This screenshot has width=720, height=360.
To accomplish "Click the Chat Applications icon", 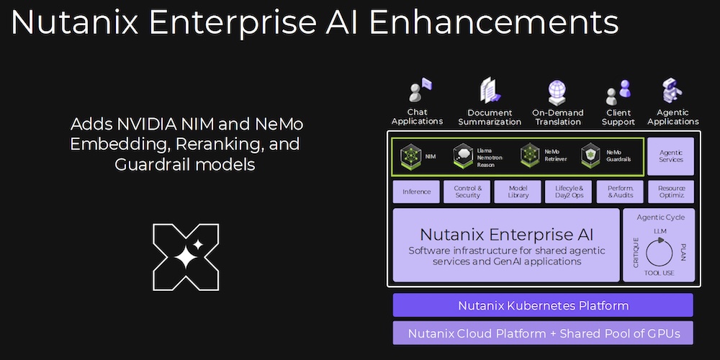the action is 420,91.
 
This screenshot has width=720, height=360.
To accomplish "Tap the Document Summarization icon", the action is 490,91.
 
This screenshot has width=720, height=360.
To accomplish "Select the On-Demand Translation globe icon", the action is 557,92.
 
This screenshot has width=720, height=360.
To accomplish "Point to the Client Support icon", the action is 618,92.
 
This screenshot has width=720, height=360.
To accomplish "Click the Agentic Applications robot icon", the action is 672,91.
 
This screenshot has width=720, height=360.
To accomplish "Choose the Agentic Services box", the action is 670,156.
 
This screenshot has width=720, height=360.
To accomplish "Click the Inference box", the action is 416,192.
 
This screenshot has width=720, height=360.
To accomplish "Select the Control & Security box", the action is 467,192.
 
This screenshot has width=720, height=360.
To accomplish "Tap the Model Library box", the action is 518,192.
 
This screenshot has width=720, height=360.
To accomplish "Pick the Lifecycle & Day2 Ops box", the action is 569,192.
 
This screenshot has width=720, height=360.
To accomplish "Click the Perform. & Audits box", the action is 620,192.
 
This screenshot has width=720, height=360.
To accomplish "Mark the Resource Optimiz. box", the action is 671,192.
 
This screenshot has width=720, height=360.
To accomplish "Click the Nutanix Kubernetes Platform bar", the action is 543,305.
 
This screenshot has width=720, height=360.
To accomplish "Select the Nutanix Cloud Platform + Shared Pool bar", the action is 543,333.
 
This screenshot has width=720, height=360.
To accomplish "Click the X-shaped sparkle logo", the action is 186,257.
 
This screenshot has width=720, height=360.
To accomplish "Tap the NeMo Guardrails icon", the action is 591,156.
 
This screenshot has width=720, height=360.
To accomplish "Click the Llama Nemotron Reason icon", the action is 463,156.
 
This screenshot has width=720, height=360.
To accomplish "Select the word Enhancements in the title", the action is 494,22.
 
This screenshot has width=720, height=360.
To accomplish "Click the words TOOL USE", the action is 659,273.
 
